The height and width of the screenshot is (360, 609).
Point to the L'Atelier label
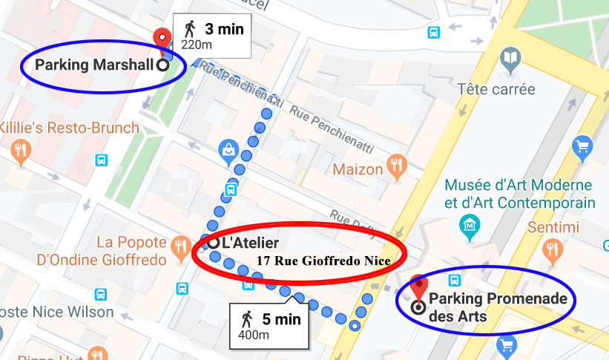(x=250, y=243)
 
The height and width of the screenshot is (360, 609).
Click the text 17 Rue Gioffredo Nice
(x=323, y=261)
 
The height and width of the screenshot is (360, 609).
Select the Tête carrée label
(x=496, y=89)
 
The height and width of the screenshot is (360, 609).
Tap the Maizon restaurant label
(x=358, y=169)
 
